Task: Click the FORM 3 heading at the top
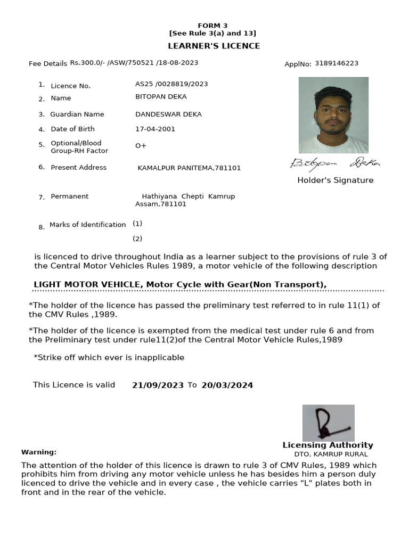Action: pos(212,26)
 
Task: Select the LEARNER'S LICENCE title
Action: pos(214,46)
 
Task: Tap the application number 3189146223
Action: pos(337,63)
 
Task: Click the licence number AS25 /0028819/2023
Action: pos(171,84)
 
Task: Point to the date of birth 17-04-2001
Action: pos(155,129)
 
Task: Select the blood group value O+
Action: pos(141,146)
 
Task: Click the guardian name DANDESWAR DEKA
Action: pos(168,114)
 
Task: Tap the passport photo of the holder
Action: pos(333,115)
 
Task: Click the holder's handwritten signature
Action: pos(336,163)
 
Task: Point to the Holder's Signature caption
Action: pos(335,180)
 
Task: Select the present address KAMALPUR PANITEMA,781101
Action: pos(189,168)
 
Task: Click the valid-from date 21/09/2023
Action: pos(158,385)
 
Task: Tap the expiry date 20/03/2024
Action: pos(227,385)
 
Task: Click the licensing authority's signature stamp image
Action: pos(328,423)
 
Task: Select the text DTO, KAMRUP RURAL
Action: pos(331,454)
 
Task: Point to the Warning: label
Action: pos(39,452)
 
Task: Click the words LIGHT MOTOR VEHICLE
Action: pos(87,285)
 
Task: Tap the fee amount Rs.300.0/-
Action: pos(87,63)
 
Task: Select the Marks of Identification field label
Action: pos(87,225)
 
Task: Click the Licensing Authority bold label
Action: pos(328,445)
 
